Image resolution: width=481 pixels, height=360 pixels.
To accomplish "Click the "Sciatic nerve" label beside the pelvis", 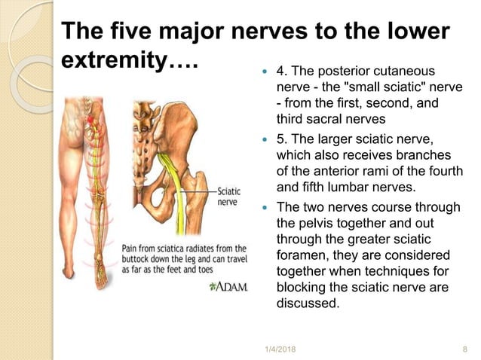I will pyautogui.click(x=231, y=197).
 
